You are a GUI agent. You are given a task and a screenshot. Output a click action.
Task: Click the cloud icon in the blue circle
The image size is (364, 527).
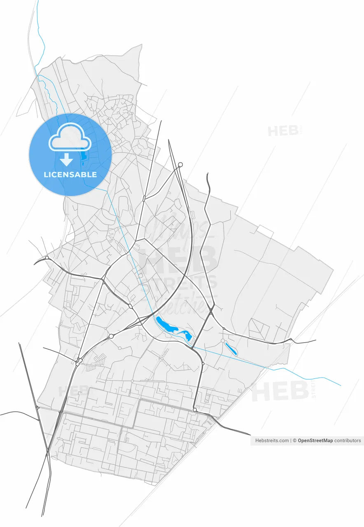tap(70, 137)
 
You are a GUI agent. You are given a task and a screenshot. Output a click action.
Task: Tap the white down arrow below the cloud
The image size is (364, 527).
tap(66, 159)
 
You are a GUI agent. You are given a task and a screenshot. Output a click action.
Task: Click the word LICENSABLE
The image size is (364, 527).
tap(70, 175)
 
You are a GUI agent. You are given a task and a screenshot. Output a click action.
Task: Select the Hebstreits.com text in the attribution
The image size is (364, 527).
tap(272, 441)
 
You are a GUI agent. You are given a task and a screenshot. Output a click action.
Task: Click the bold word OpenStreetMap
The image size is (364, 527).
tap(315, 441)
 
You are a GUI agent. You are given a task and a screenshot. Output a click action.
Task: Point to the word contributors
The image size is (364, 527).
tap(348, 441)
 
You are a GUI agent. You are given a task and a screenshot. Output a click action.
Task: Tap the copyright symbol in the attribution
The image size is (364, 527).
tap(295, 441)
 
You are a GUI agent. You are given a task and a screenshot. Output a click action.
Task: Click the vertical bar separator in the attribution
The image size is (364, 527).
tap(291, 441)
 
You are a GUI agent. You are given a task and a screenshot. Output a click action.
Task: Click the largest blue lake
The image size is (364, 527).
tap(166, 325)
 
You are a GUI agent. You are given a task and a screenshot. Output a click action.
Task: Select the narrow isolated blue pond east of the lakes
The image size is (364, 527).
tap(231, 349)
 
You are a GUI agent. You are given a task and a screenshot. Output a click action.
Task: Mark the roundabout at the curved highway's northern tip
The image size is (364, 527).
tap(180, 165)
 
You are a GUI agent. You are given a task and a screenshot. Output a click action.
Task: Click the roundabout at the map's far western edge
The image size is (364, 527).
tap(47, 258)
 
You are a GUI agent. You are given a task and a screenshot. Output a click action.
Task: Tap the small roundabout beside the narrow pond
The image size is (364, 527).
tap(223, 341)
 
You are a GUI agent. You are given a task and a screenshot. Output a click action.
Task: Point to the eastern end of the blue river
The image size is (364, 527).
tap(340, 385)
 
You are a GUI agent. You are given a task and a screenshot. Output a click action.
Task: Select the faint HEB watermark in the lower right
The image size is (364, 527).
tap(280, 391)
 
